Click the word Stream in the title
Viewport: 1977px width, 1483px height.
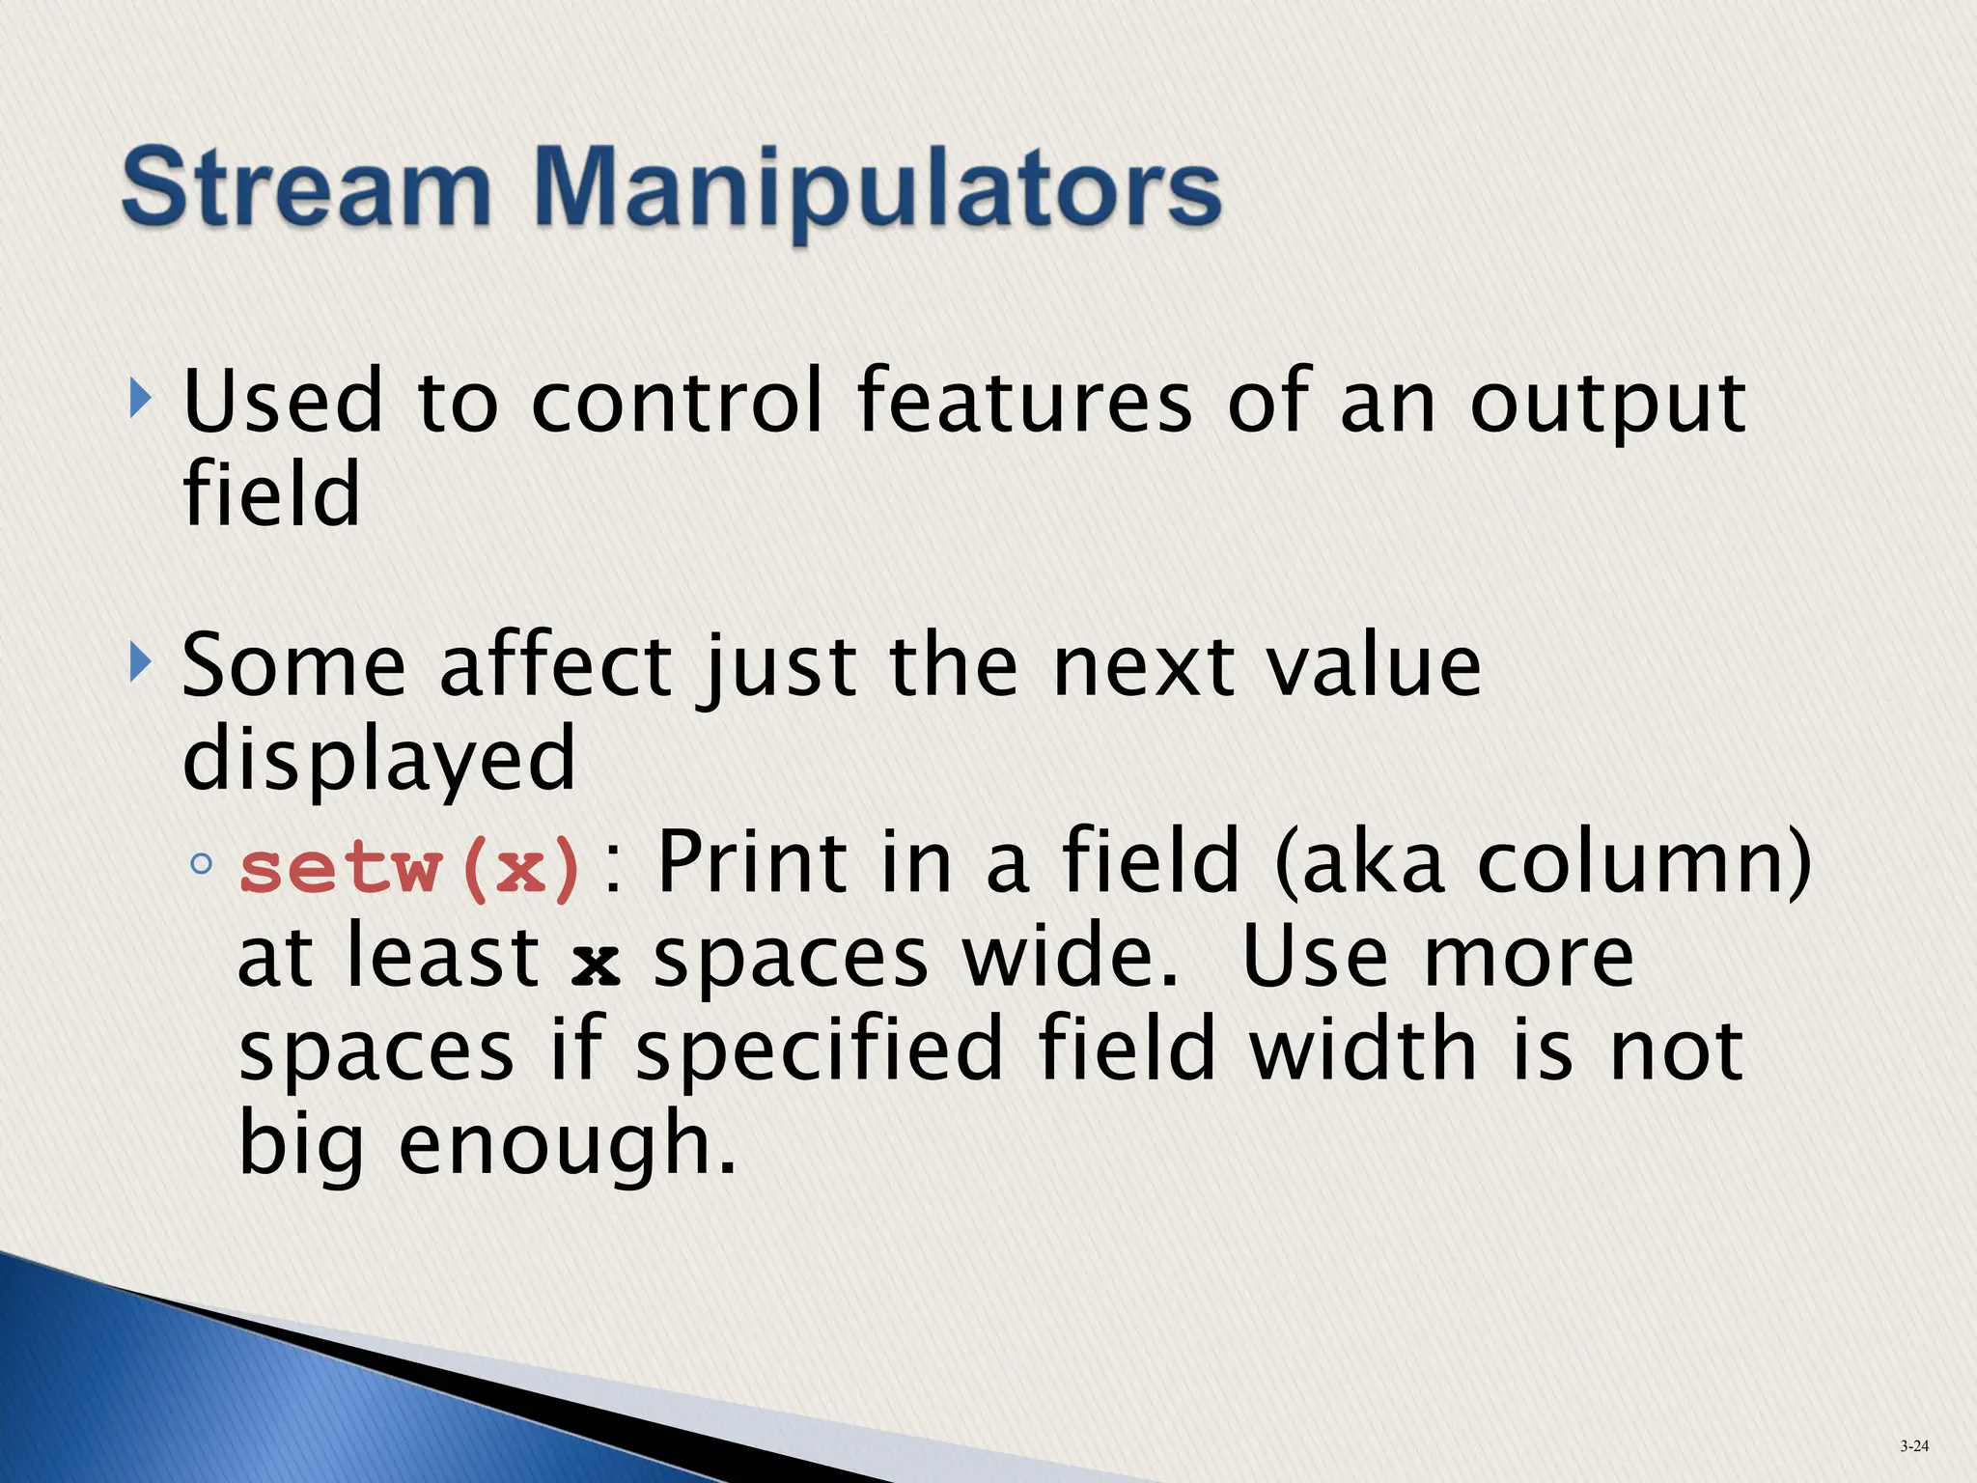pos(307,186)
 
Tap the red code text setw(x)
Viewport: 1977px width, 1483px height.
pos(409,868)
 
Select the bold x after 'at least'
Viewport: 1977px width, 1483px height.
pos(596,962)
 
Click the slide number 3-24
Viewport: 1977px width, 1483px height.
pos(1913,1446)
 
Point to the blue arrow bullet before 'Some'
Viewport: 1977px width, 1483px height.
pos(141,662)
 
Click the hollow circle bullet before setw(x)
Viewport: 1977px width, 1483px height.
pos(201,863)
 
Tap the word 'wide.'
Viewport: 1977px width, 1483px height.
pos(1072,958)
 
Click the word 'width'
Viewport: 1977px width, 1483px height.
pos(1363,1050)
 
